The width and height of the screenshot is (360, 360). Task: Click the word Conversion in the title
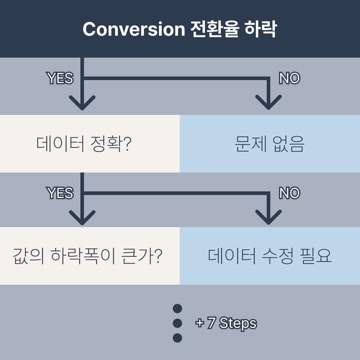pyautogui.click(x=134, y=29)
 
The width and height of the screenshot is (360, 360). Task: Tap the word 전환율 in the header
pyautogui.click(x=215, y=29)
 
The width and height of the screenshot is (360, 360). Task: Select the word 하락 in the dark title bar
pyautogui.click(x=260, y=29)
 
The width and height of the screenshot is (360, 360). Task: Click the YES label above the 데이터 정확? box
pyautogui.click(x=60, y=78)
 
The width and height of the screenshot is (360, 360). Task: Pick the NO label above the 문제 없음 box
pyautogui.click(x=289, y=78)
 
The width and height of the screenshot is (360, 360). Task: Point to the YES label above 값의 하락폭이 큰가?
pyautogui.click(x=60, y=193)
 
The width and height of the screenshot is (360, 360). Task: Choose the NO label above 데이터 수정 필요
pyautogui.click(x=289, y=193)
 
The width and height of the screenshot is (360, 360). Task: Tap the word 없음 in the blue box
pyautogui.click(x=289, y=144)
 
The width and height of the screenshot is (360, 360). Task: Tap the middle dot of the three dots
pyautogui.click(x=178, y=323)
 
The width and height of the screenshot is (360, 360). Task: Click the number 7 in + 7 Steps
pyautogui.click(x=211, y=323)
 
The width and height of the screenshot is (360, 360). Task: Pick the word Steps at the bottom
pyautogui.click(x=238, y=323)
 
